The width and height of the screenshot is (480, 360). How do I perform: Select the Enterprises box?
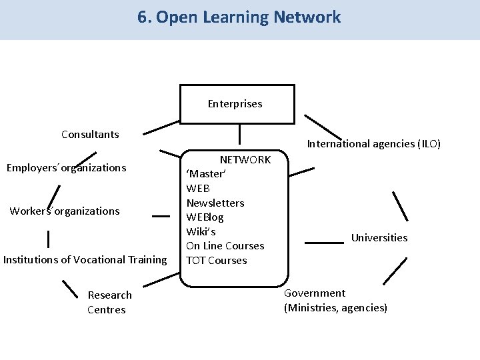point(237,104)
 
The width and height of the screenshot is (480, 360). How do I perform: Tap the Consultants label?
point(90,135)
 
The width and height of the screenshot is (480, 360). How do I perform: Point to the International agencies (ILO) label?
point(373,143)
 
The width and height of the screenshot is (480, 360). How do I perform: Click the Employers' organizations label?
point(66,168)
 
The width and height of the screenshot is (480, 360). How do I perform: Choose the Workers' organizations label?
point(65,211)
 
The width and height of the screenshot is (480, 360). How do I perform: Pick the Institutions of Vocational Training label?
point(85,260)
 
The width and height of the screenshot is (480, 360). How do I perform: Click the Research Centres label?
point(109,302)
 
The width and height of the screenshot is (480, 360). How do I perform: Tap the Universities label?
point(379,238)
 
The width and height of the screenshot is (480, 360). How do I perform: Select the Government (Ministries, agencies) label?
point(335,301)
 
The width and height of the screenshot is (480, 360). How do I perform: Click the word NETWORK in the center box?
point(245,160)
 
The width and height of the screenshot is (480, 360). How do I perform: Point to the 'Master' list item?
point(206,174)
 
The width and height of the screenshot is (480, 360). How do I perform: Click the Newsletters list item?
point(215,203)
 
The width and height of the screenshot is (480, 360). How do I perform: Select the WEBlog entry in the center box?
point(205,217)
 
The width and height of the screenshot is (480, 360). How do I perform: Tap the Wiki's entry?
point(201,232)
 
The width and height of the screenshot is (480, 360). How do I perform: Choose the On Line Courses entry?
point(225,246)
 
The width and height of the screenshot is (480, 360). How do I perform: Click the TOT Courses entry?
point(217,261)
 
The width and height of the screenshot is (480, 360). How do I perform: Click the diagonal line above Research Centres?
point(70,288)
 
